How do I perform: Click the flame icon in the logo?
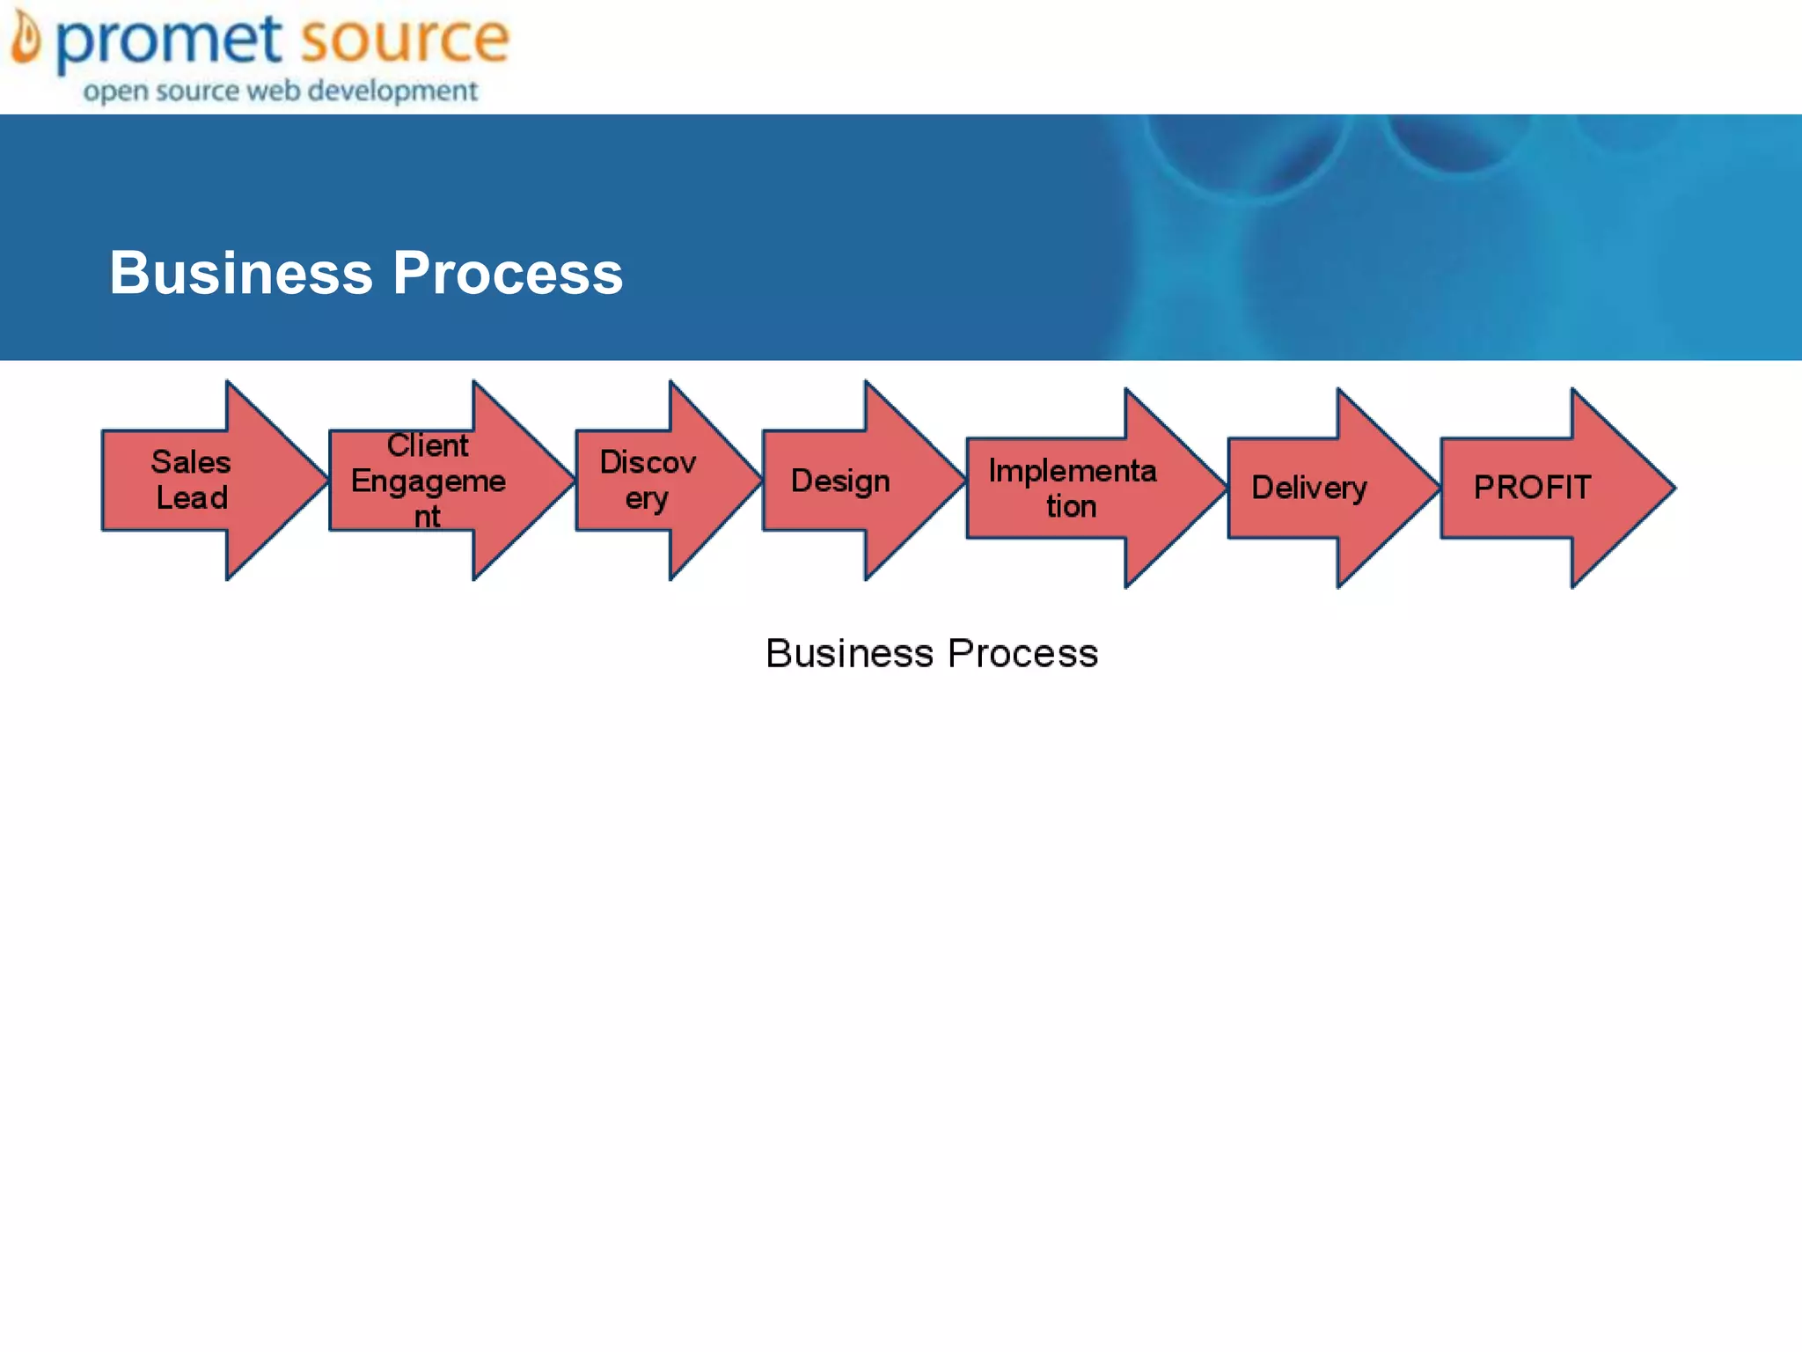coord(26,40)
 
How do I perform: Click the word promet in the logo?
coord(169,40)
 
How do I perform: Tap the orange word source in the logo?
coord(404,39)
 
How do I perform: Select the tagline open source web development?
coord(280,91)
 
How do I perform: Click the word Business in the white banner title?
coord(241,273)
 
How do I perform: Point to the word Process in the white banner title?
coord(508,273)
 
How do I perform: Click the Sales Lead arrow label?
coord(191,480)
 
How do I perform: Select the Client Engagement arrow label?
coord(429,481)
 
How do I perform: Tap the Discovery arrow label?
coord(648,480)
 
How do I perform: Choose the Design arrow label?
coord(840,481)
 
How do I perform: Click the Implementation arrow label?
coord(1072,489)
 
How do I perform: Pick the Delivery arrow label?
coord(1309,488)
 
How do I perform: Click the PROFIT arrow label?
coord(1532,487)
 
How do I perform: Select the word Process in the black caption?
coord(1023,653)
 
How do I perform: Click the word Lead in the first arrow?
coord(192,498)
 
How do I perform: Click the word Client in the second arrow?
coord(428,445)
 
